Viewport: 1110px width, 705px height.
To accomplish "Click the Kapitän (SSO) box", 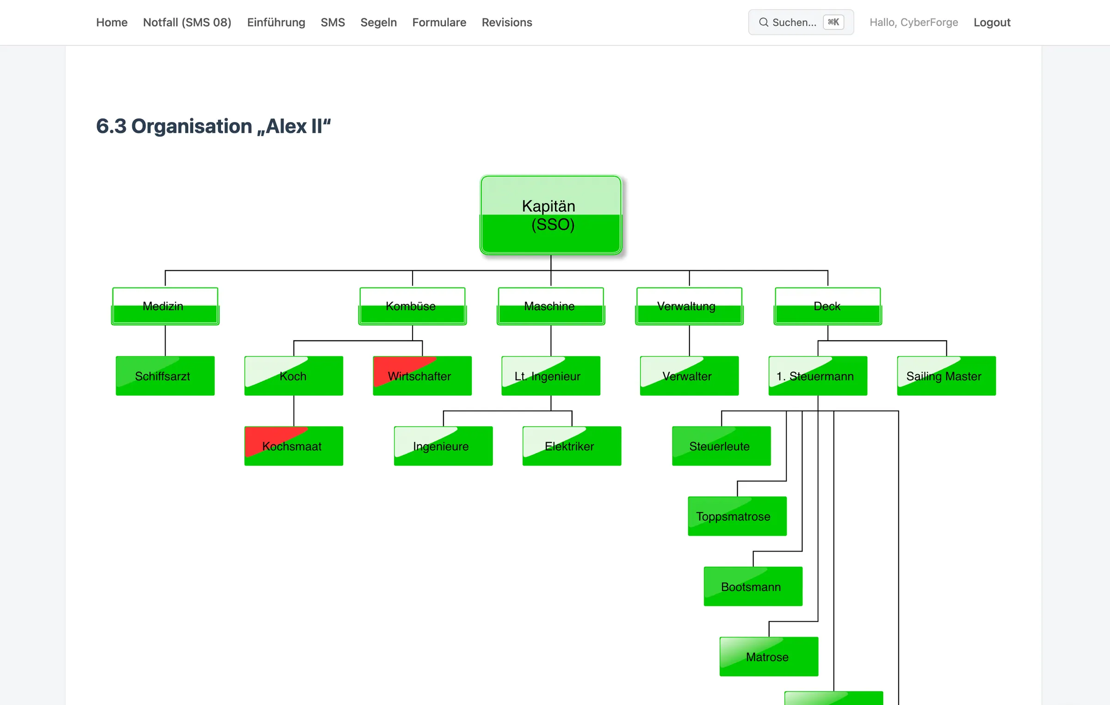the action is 551,215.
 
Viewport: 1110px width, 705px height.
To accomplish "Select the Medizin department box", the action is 165,306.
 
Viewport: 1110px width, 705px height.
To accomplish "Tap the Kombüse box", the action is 412,306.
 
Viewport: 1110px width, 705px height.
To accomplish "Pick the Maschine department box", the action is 551,306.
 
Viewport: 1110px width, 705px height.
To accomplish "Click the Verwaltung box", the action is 689,306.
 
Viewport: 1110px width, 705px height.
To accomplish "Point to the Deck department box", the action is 827,306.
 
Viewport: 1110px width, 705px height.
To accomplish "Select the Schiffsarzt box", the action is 165,376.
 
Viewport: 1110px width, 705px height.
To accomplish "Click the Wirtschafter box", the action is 422,376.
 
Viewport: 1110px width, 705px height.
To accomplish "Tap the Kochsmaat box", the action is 294,446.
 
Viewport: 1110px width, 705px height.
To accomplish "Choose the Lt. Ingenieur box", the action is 551,376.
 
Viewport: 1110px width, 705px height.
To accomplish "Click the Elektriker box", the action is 572,446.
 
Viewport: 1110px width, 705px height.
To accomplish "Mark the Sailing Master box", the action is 946,376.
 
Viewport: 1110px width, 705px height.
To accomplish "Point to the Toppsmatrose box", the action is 737,516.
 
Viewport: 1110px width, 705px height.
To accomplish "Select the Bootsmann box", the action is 753,587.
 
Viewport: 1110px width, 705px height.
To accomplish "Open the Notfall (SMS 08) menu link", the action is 187,22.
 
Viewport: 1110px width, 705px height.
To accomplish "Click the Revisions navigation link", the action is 507,22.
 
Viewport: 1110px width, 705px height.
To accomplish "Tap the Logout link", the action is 992,22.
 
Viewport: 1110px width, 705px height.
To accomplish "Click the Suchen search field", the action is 801,22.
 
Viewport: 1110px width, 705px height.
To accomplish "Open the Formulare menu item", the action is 439,22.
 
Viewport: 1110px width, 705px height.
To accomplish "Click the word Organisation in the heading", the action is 191,126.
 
